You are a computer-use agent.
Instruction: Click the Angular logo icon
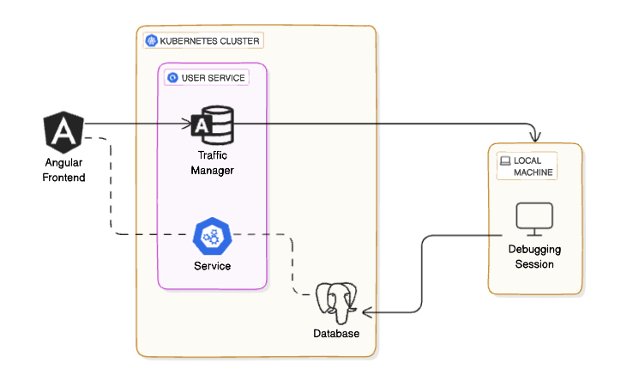63,131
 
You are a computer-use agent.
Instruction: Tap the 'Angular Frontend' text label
63,170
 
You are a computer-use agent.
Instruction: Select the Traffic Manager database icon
212,125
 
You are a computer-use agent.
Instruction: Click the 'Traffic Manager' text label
212,163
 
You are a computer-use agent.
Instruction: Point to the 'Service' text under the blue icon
212,266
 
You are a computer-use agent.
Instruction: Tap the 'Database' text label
336,334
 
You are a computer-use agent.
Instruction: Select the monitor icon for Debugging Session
534,220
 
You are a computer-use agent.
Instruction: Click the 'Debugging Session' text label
534,257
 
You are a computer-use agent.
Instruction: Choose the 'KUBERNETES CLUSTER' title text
209,40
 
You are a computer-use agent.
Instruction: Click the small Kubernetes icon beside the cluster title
151,40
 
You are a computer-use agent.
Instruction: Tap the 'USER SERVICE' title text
213,78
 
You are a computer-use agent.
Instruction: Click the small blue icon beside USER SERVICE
172,78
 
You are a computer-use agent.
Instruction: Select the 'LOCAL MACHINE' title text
534,166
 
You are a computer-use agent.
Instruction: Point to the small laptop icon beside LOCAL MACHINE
505,160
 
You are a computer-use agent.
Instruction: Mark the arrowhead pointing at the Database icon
365,311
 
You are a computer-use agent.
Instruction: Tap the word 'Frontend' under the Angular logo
63,177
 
